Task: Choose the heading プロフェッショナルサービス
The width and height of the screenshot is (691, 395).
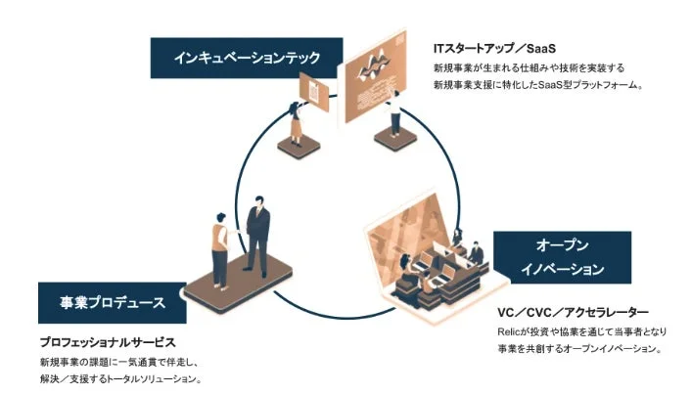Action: point(107,343)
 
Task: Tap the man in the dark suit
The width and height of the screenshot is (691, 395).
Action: point(257,235)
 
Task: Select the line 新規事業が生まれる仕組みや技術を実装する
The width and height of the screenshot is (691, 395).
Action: point(529,68)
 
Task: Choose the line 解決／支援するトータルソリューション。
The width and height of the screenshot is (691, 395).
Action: point(121,378)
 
